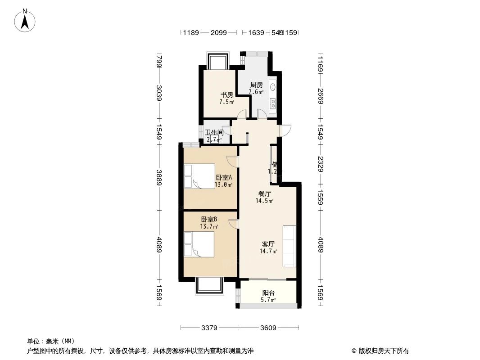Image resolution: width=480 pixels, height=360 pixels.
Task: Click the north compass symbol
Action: tap(26, 20)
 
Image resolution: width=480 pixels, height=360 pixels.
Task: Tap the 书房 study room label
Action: tap(226, 95)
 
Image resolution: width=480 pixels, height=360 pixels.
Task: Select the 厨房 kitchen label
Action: tap(256, 85)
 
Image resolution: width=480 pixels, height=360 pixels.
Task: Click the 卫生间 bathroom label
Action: tap(214, 133)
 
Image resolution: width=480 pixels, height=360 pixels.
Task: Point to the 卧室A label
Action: tap(223, 178)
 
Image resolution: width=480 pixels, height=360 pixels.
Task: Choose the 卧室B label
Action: tap(209, 220)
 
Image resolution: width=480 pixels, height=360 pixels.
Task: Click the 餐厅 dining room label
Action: tap(264, 194)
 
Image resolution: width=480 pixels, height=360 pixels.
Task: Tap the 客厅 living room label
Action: tap(268, 244)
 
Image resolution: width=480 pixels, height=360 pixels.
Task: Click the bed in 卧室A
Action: tap(195, 176)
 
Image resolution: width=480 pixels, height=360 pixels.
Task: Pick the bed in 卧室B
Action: tap(195, 245)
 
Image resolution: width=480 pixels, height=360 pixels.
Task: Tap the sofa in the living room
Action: tap(289, 246)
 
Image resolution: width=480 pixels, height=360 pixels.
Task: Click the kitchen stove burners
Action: tap(273, 104)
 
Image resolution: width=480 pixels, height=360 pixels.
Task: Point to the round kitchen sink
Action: tap(273, 86)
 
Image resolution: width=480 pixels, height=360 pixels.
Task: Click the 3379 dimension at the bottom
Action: tap(209, 328)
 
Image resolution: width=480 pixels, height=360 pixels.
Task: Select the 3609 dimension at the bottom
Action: tap(268, 328)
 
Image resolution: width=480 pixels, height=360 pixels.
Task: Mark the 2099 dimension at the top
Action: tap(218, 32)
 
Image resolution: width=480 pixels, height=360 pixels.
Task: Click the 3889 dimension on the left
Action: tap(159, 177)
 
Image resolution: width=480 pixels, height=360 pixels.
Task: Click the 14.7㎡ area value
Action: tap(268, 251)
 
